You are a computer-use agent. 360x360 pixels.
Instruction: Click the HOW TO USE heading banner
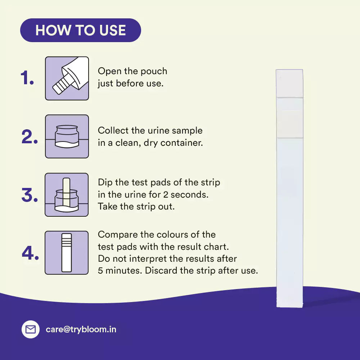(81, 30)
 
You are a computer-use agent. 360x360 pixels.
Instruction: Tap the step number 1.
(27, 78)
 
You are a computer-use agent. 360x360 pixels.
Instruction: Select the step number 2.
(30, 137)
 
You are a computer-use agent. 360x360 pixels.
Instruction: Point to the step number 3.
(30, 195)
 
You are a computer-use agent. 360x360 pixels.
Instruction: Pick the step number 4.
(30, 253)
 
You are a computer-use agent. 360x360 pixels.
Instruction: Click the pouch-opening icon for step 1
(67, 78)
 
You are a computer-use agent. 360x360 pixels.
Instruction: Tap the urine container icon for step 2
(67, 136)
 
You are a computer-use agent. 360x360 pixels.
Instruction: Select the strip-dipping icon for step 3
(67, 195)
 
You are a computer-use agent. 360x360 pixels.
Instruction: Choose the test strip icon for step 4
(67, 253)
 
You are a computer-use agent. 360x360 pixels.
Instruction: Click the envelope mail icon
(31, 329)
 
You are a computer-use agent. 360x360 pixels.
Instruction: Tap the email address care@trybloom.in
(81, 329)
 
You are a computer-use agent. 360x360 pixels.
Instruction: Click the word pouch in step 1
(154, 72)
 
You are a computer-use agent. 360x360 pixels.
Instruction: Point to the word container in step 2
(181, 143)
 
